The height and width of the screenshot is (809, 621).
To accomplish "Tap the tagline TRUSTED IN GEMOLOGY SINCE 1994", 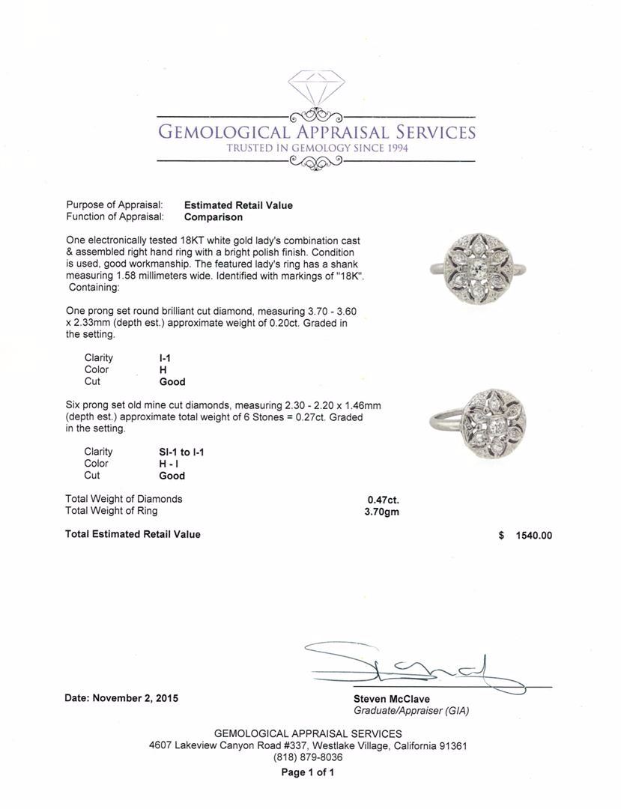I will click(x=317, y=148).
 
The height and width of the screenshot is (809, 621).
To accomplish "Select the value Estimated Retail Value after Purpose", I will click(x=238, y=205).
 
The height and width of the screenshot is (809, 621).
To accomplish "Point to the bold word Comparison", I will click(x=213, y=217).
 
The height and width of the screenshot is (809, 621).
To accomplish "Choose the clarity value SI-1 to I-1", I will click(x=178, y=452).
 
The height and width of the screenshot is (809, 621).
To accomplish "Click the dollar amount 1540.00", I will click(x=534, y=536).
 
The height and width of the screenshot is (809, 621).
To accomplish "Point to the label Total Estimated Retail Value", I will click(x=133, y=534).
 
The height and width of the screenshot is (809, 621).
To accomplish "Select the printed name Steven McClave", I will click(x=392, y=699).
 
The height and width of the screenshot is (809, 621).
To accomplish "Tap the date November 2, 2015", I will click(x=121, y=698).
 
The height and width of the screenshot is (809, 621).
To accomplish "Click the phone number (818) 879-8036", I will click(x=308, y=757).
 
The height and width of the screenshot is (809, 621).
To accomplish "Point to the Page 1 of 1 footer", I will click(x=308, y=772).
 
